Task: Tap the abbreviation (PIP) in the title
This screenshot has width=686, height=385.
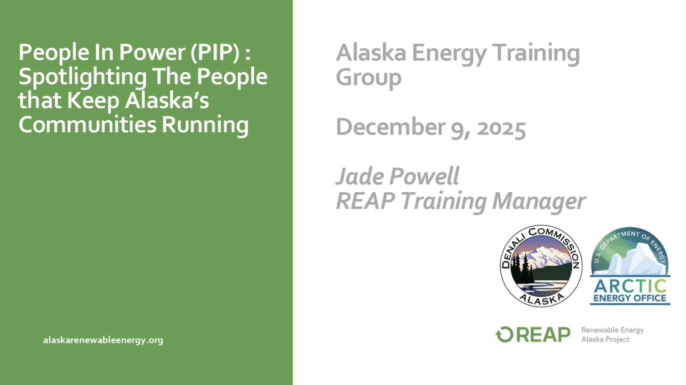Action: coord(215,52)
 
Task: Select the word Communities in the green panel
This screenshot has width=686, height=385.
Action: coord(87,124)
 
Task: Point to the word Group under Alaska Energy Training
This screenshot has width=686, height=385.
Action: coord(369,78)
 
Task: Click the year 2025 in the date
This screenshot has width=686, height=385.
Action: coord(501,127)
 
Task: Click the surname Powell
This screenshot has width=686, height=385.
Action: coord(424,176)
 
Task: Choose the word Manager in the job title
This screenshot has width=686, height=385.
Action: coord(539,201)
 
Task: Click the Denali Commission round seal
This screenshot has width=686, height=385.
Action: coord(541,266)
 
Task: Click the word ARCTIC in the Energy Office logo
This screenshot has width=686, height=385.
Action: coord(630,286)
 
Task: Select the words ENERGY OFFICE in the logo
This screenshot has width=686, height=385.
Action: coord(630,298)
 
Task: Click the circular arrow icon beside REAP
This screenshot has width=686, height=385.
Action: coord(504,334)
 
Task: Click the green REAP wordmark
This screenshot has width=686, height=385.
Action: coord(543,334)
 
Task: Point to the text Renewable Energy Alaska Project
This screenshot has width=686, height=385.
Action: coord(613,335)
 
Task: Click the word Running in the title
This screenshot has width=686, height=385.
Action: coord(205,126)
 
